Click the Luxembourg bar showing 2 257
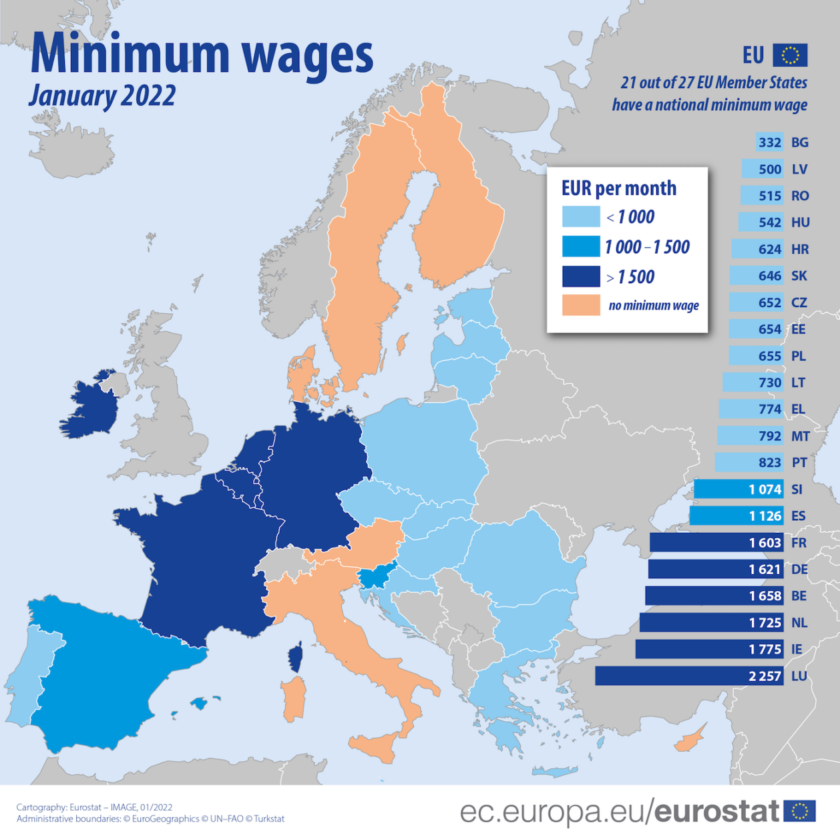tap(688, 676)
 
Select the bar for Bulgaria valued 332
tap(769, 142)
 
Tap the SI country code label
tap(797, 489)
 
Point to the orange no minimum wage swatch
tap(580, 305)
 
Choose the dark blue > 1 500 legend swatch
tap(580, 276)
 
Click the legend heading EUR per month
tap(618, 188)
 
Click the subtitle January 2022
tap(102, 95)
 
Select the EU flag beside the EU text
tap(790, 55)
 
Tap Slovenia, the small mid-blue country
tap(376, 577)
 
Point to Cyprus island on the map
tap(690, 739)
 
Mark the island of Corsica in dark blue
tap(295, 658)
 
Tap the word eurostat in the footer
tap(716, 811)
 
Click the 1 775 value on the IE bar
tap(764, 649)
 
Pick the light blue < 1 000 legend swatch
tap(580, 217)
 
